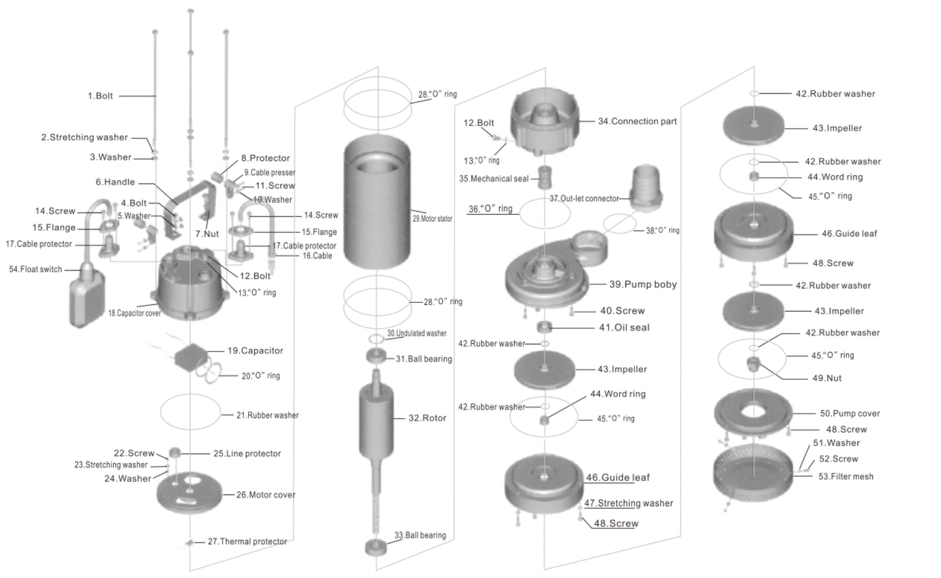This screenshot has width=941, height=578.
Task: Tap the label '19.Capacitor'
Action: tap(255, 351)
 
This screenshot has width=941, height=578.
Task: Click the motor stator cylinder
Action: tap(377, 205)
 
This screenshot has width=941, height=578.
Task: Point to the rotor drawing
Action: tap(376, 420)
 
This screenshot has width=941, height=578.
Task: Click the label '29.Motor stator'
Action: tap(432, 219)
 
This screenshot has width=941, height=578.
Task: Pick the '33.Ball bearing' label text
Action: tap(420, 535)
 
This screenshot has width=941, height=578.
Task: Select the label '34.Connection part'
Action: tap(637, 121)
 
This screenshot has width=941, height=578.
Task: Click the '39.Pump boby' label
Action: tap(643, 284)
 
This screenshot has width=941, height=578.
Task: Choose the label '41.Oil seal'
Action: tap(624, 327)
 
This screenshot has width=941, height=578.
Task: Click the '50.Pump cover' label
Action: tap(849, 414)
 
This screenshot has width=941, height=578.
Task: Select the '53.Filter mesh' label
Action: tap(846, 477)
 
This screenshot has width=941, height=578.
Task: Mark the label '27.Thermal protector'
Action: tap(247, 542)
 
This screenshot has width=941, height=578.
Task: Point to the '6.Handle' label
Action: tap(115, 182)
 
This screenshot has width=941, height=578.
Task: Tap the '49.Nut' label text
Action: tap(827, 378)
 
